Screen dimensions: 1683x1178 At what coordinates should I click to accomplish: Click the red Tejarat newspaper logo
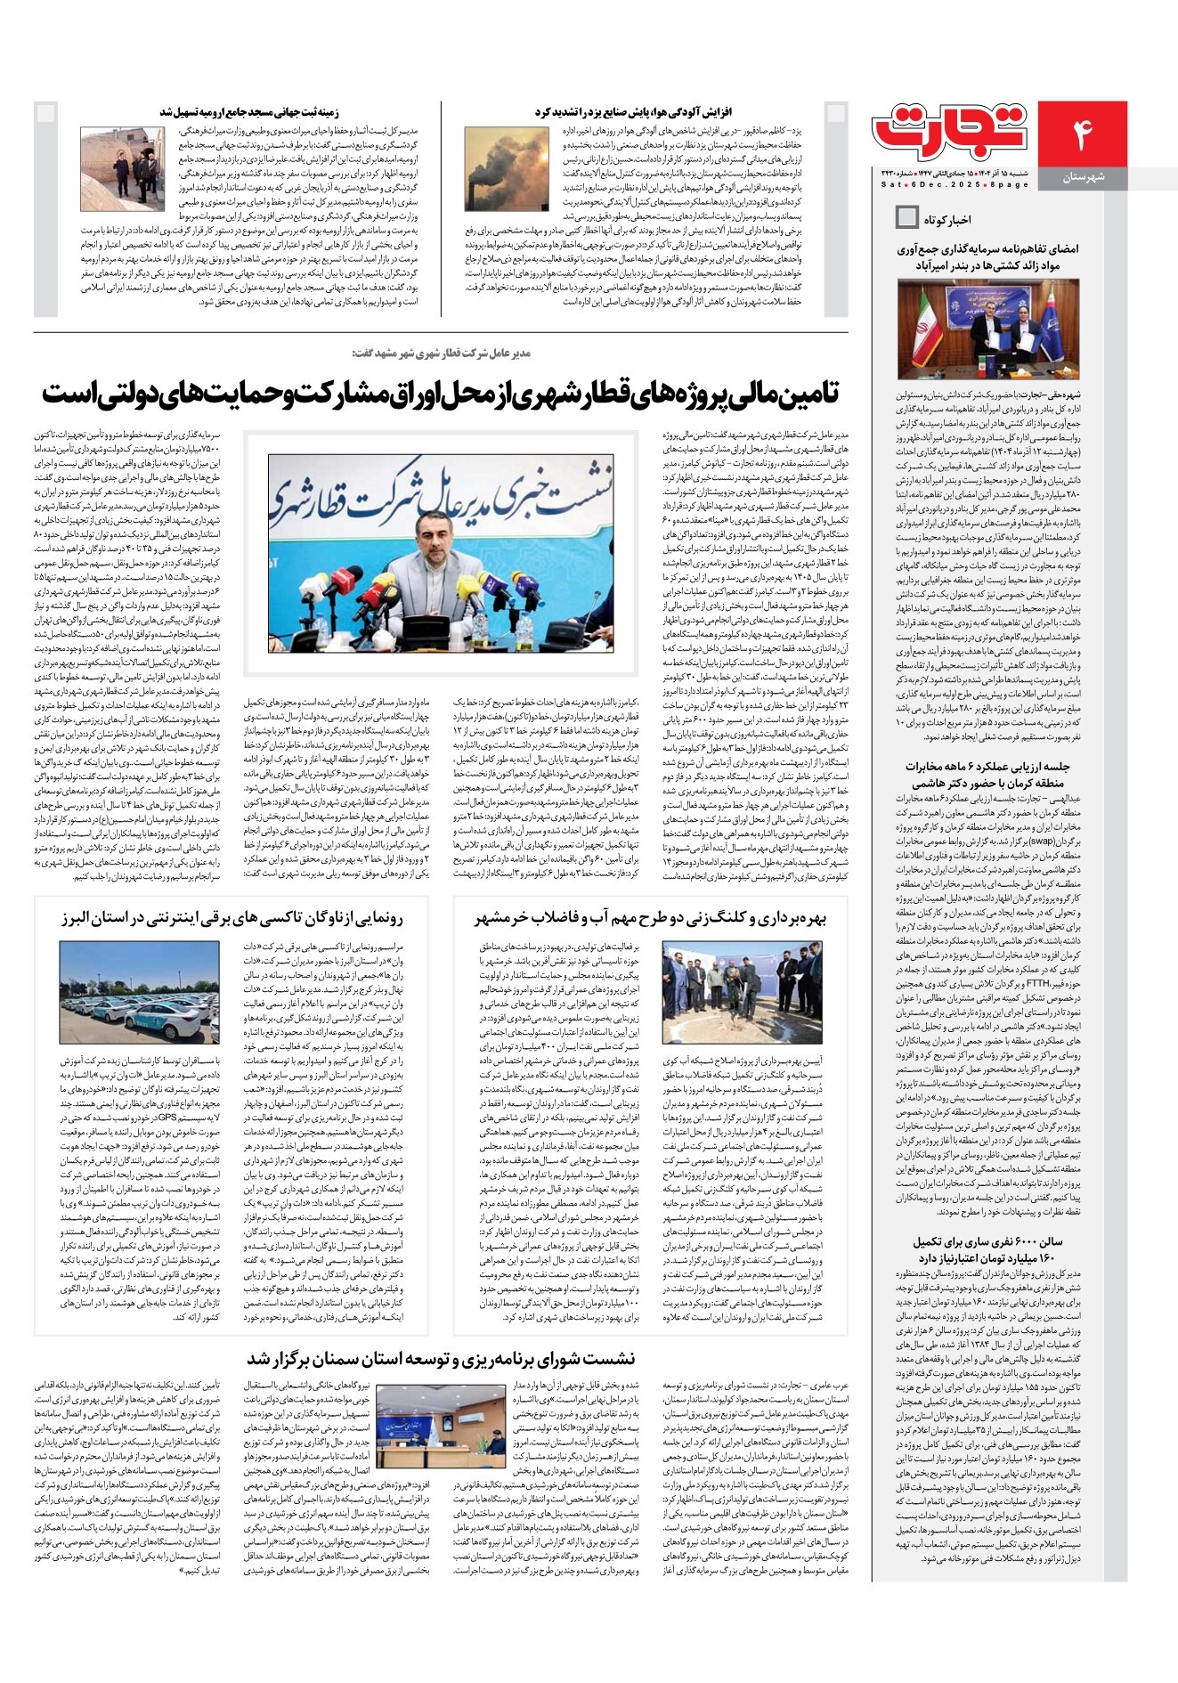(x=951, y=131)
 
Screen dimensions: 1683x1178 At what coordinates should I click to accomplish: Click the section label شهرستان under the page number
(x=1083, y=177)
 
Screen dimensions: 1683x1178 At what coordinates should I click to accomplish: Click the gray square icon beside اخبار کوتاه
(x=906, y=216)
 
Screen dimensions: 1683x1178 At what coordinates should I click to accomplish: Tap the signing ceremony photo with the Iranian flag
(x=988, y=329)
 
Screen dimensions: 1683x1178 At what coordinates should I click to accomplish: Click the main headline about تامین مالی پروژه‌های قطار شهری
(x=440, y=394)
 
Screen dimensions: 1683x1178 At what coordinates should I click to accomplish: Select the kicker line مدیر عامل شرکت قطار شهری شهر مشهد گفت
(x=440, y=353)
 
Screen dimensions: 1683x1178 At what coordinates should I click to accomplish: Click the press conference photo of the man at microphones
(x=441, y=553)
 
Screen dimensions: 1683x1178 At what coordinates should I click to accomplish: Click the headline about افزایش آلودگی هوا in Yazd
(x=632, y=112)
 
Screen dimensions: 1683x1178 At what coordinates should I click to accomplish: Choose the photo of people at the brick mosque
(x=116, y=168)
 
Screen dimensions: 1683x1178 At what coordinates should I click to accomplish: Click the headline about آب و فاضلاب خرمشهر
(x=651, y=919)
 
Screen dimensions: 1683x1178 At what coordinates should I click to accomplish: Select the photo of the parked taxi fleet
(x=139, y=992)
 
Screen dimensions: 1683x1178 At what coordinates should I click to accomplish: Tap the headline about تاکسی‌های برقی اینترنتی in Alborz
(x=232, y=919)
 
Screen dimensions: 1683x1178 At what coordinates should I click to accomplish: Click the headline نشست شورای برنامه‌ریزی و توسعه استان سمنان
(x=441, y=1359)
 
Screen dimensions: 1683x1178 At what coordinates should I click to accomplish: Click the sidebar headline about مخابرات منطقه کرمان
(x=987, y=775)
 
